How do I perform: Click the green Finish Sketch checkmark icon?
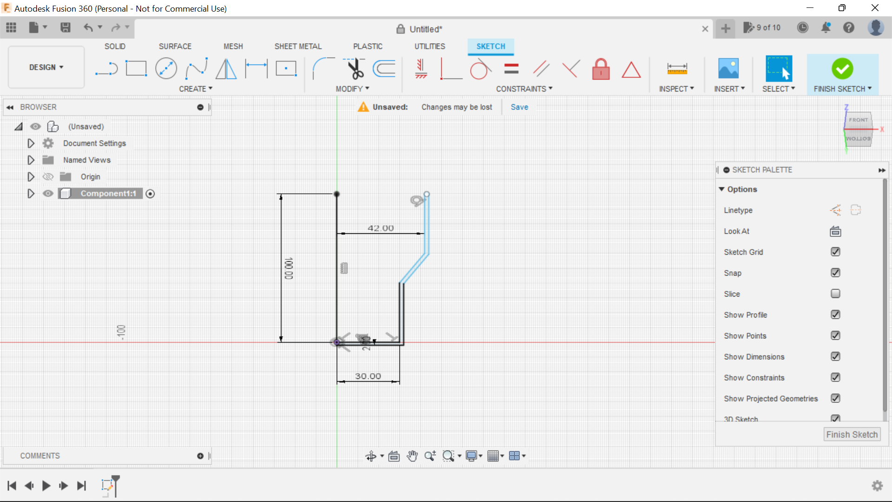(x=842, y=69)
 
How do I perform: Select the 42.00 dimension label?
(x=380, y=228)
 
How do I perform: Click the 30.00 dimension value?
(x=368, y=376)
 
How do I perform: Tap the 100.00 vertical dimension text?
(x=289, y=268)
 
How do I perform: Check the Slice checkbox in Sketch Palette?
(x=835, y=294)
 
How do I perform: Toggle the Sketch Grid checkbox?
(x=835, y=252)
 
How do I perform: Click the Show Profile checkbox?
(x=835, y=315)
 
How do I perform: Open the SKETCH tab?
(x=491, y=46)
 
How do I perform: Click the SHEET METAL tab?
(x=298, y=46)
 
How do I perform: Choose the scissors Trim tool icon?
(x=355, y=69)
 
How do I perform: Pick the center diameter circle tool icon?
(x=166, y=69)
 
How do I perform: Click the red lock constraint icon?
(x=601, y=69)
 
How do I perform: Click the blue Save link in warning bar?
(x=519, y=107)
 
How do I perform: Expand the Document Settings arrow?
(x=31, y=143)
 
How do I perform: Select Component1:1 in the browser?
(x=108, y=193)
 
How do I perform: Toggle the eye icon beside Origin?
(x=48, y=177)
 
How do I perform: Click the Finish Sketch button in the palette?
(x=852, y=434)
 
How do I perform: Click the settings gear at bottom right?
(x=877, y=486)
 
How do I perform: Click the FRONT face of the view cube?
(x=858, y=120)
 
